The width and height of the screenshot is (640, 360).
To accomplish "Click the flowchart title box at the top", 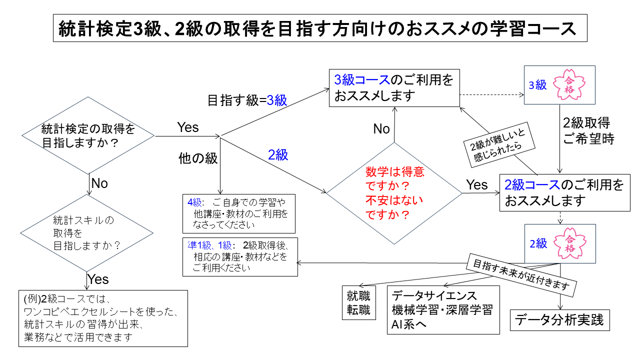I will coord(320,29).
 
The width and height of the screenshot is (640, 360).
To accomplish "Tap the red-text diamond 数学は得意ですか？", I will coord(394,193).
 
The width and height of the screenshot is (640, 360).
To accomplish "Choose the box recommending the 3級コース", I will coord(394,88).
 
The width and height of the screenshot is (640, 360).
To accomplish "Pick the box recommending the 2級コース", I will coord(565,193).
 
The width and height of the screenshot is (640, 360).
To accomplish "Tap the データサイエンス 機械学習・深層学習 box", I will coord(443,310).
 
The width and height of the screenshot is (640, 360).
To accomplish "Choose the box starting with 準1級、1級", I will coord(240,256).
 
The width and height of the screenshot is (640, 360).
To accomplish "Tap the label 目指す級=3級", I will coord(247,100).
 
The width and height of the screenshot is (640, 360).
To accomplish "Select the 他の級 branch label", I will coord(198,158).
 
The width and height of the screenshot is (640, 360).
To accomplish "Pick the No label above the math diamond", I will coord(381,129).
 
